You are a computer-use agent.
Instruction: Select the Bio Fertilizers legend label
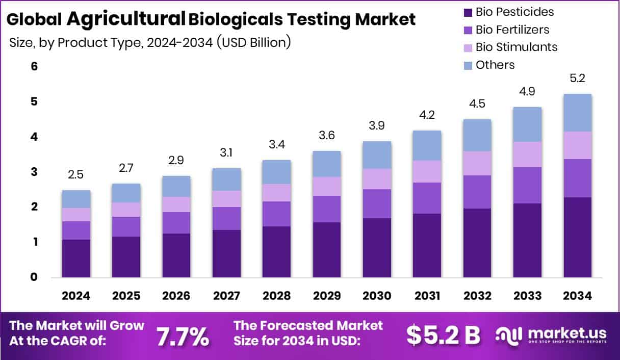tap(512, 30)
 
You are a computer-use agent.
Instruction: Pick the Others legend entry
tap(495, 65)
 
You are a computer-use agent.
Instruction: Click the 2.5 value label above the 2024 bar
tap(76, 175)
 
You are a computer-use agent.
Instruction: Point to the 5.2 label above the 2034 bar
tap(577, 79)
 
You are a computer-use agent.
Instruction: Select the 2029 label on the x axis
tap(326, 296)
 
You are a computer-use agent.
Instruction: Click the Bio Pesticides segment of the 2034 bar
tap(577, 237)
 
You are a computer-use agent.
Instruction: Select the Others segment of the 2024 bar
tap(76, 199)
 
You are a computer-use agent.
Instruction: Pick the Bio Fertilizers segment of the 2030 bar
tap(377, 203)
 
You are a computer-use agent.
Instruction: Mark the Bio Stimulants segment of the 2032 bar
tap(477, 163)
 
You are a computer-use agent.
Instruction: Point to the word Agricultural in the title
tap(125, 19)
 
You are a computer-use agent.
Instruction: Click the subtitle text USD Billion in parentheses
tap(253, 43)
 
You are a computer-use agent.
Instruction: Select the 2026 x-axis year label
tap(176, 296)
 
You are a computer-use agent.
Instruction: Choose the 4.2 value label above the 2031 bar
tap(427, 115)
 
